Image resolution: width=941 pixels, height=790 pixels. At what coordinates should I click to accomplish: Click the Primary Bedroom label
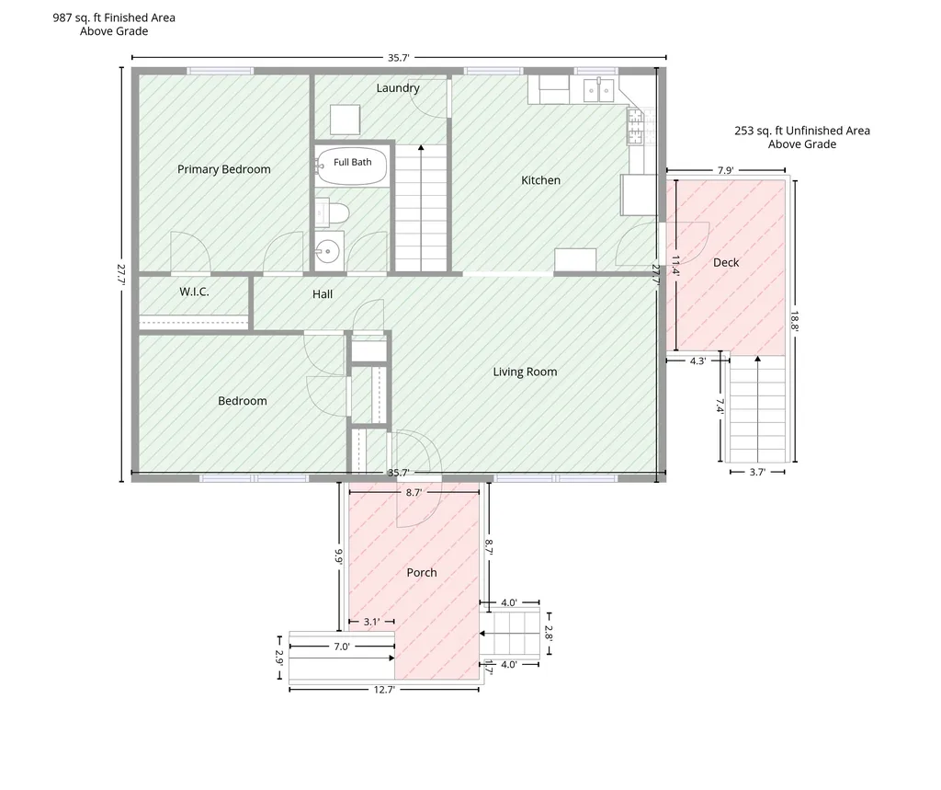(x=224, y=169)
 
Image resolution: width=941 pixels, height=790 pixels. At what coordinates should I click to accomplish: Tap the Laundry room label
(x=398, y=87)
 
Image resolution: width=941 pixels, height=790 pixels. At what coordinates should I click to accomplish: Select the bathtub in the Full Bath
(x=352, y=166)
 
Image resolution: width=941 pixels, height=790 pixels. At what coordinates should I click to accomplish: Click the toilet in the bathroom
(x=334, y=213)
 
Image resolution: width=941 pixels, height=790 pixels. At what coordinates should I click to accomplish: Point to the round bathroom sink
(x=328, y=251)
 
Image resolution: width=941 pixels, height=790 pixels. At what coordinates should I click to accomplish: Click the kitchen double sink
(x=599, y=91)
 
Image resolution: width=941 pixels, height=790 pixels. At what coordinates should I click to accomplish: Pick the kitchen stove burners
(x=635, y=126)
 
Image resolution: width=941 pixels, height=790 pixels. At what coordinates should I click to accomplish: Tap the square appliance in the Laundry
(x=346, y=120)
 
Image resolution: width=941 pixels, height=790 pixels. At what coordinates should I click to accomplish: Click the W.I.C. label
(x=195, y=292)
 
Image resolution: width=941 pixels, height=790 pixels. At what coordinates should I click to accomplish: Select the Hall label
(x=323, y=294)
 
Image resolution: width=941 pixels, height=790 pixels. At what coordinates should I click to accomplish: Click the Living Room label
(x=525, y=372)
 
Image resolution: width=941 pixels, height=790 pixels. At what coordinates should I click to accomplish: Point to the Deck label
(x=726, y=262)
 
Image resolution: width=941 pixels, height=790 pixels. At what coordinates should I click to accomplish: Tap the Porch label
(x=422, y=573)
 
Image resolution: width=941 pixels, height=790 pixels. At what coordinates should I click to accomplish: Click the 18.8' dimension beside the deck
(x=795, y=321)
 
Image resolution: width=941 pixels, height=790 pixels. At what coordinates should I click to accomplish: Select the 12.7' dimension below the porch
(x=384, y=690)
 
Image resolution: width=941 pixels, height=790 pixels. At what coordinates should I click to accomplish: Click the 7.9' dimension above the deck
(x=726, y=171)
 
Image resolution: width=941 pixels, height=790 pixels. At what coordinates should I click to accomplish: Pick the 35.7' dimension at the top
(x=399, y=58)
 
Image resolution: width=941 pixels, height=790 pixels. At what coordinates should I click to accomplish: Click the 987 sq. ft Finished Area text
(x=114, y=18)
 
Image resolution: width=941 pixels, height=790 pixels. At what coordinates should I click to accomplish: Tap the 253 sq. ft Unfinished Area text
(x=802, y=131)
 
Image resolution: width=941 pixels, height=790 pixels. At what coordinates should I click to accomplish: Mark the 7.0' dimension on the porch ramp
(x=342, y=647)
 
